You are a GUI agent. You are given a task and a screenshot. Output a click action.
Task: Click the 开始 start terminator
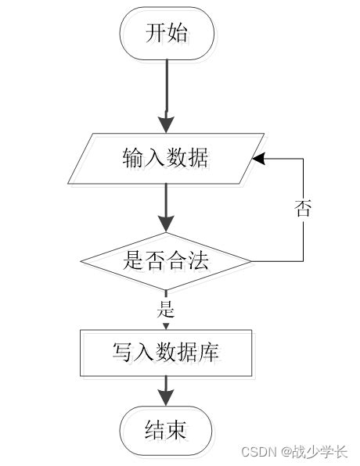(166, 34)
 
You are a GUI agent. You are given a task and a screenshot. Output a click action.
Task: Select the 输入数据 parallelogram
(166, 159)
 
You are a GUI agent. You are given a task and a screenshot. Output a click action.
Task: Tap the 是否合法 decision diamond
(166, 260)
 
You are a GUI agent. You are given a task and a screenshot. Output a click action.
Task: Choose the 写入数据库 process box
(166, 353)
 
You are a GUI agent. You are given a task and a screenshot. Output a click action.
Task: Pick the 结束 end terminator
(166, 431)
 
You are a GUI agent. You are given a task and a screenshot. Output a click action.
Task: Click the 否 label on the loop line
(303, 208)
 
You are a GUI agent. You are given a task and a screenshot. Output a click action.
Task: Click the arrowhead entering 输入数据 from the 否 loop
(257, 159)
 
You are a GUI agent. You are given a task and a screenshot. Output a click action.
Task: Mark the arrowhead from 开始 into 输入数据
(166, 126)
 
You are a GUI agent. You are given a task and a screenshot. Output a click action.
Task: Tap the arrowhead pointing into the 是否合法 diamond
(166, 225)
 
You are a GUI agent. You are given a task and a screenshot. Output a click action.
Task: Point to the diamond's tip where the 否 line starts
(251, 260)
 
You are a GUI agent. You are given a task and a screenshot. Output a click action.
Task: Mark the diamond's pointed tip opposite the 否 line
(81, 260)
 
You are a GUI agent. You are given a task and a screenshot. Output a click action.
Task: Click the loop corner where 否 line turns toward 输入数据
(303, 159)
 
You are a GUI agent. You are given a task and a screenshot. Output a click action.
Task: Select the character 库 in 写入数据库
(209, 353)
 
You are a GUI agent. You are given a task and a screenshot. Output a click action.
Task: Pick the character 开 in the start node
(155, 34)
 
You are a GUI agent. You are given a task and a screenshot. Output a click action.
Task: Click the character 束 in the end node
(177, 431)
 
